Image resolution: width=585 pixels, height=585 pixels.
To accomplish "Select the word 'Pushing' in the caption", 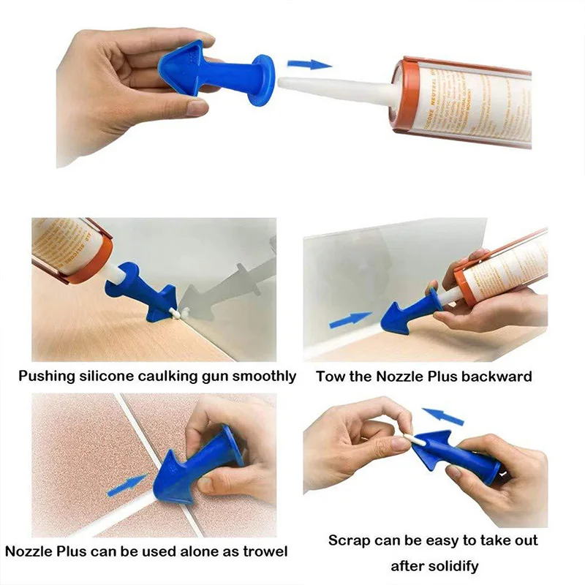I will click(x=45, y=377).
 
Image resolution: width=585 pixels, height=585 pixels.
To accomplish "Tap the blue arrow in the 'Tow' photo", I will click(x=350, y=320).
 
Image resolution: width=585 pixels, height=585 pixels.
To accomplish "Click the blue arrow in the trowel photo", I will click(x=127, y=485).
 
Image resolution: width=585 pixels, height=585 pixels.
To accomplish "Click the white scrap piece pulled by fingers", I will click(x=412, y=441).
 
